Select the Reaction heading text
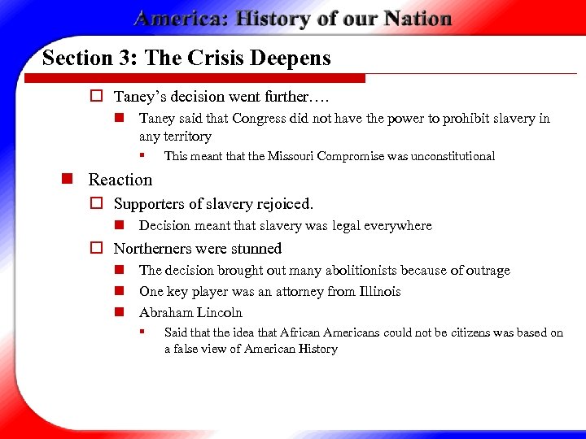[x=120, y=180]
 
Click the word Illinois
[x=377, y=292]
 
